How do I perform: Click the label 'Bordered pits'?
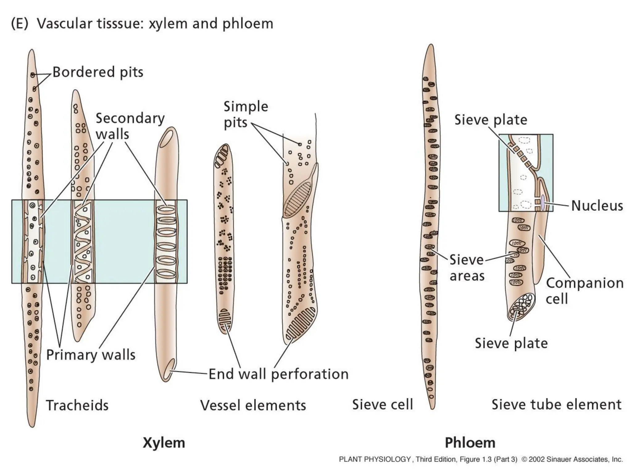click(x=98, y=72)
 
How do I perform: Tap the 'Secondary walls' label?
click(x=130, y=126)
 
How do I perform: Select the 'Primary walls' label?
click(x=91, y=355)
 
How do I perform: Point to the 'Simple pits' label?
click(x=246, y=114)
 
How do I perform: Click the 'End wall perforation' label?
click(x=278, y=374)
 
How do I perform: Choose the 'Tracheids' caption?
click(x=77, y=405)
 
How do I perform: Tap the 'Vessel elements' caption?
click(x=253, y=405)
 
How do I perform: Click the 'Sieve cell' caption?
click(x=382, y=405)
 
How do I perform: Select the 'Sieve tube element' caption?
click(x=556, y=405)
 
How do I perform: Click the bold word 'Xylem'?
click(x=164, y=443)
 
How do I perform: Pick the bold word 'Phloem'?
click(x=470, y=443)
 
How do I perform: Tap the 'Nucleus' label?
click(x=597, y=206)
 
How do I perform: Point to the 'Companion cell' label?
click(x=584, y=291)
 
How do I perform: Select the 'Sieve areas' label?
click(x=467, y=268)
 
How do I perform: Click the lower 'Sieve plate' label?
click(x=511, y=343)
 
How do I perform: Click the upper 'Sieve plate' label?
click(x=491, y=120)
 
